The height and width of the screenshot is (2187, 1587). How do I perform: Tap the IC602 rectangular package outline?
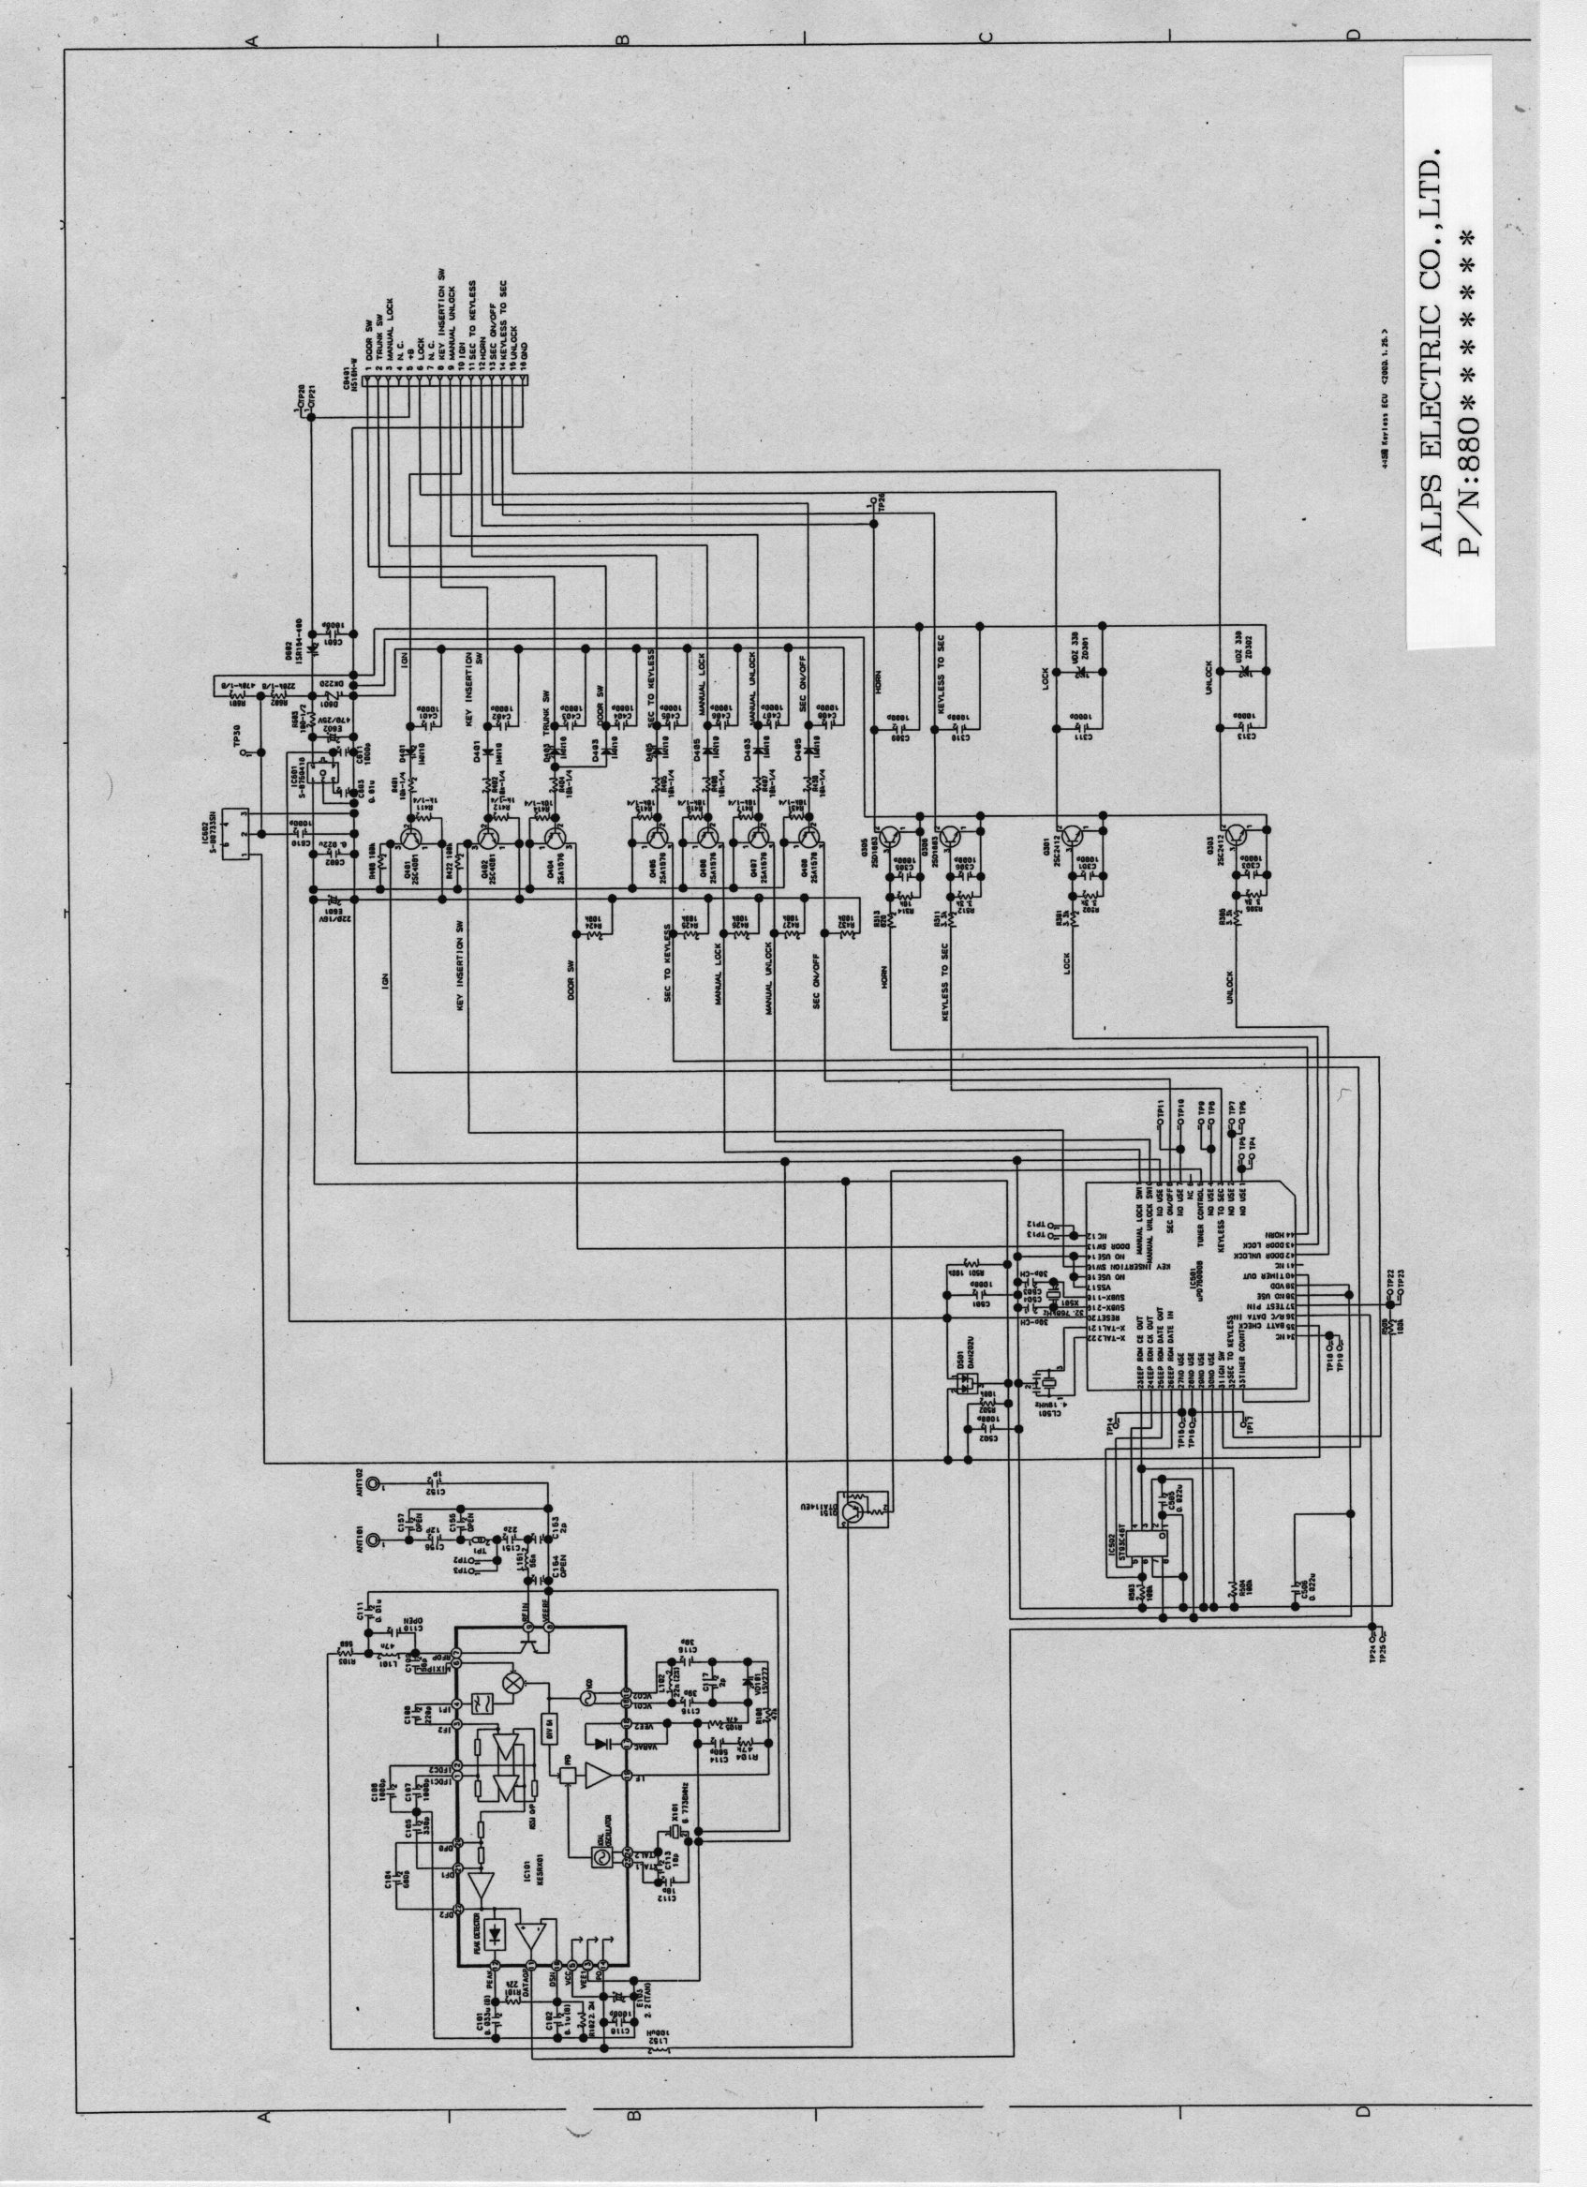pos(234,832)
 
